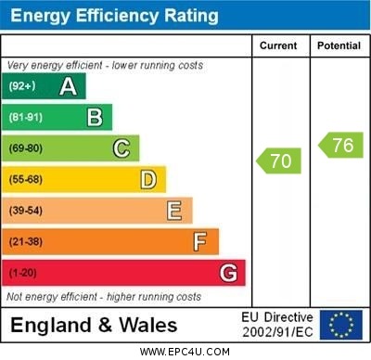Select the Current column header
[x=278, y=45]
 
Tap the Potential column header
[x=338, y=45]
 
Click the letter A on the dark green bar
[x=68, y=87]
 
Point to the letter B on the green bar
[x=95, y=117]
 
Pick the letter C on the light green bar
[x=122, y=148]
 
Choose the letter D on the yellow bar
[x=148, y=179]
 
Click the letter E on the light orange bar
[x=174, y=211]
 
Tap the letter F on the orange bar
[x=200, y=242]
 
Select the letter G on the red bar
[x=228, y=273]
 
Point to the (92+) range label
[x=22, y=87]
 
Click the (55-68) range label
[x=26, y=179]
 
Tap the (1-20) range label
[x=22, y=274]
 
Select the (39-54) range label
[x=26, y=211]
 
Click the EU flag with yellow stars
[x=341, y=324]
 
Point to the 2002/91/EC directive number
[x=277, y=331]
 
